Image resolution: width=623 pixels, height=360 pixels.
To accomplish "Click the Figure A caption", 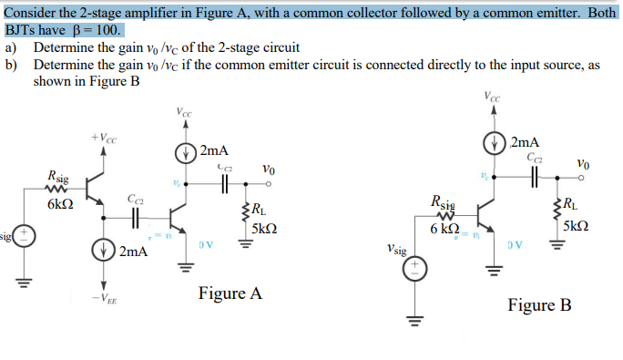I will coord(230,293).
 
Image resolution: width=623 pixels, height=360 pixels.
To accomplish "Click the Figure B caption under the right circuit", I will coord(539,304).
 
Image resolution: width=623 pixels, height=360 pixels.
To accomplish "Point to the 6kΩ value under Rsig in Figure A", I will coord(60,204).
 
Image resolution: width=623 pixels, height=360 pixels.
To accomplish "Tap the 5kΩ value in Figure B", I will coord(578,225).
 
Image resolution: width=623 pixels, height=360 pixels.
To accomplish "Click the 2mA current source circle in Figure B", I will coord(496,144).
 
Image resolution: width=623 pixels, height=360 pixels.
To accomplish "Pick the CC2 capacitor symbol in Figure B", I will coord(535,177).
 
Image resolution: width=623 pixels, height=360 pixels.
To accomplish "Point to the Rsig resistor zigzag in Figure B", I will coord(445,217).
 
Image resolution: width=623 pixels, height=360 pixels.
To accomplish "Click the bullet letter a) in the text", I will coord(11,47).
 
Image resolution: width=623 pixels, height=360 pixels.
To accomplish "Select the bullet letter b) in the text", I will coord(11,65).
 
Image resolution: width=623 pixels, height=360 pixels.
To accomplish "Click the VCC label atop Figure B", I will coord(493,97).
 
